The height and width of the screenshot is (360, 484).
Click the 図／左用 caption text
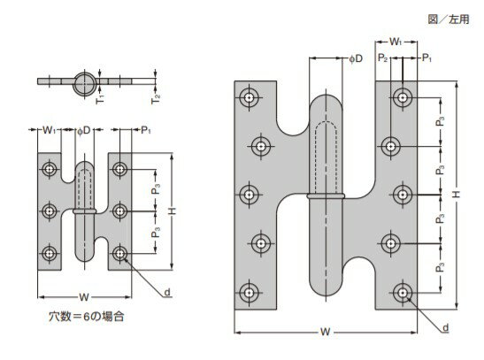[x=449, y=19]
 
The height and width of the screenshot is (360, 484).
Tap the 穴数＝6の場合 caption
[x=87, y=316]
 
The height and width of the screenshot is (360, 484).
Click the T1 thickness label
[x=100, y=99]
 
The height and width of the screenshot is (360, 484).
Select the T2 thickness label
[x=156, y=99]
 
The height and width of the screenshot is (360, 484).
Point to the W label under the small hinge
[x=84, y=297]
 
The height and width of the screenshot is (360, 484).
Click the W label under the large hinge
[x=325, y=332]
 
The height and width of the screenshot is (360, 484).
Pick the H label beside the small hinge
[x=173, y=211]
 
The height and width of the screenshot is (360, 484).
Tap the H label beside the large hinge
[x=457, y=194]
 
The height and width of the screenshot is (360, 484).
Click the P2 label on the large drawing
[x=382, y=57]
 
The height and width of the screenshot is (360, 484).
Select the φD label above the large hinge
[x=356, y=58]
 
